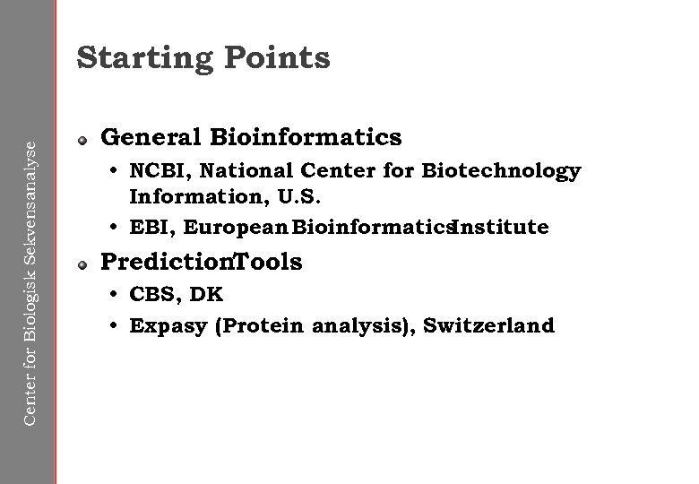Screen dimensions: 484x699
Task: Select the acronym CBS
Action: tap(151, 294)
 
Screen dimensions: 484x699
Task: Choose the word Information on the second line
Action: tap(184, 194)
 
